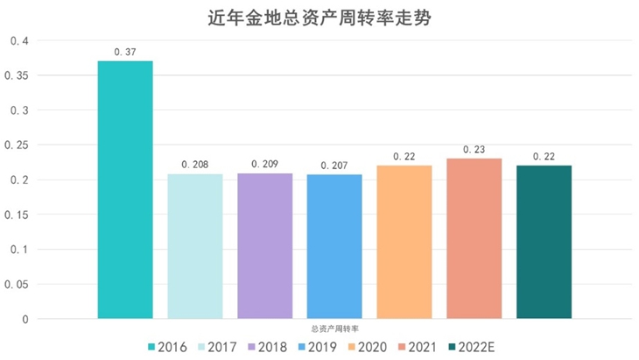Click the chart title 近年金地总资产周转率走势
click(x=321, y=17)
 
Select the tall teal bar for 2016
click(x=125, y=189)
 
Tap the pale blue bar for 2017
click(x=195, y=246)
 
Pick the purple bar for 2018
click(x=264, y=246)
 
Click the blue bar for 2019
click(x=334, y=246)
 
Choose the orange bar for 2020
click(x=404, y=242)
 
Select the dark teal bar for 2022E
click(x=544, y=242)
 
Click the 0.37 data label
click(x=125, y=53)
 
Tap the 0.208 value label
click(x=195, y=165)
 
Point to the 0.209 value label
click(x=264, y=164)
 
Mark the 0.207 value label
click(x=334, y=165)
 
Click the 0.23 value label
click(x=474, y=150)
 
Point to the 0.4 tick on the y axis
click(x=19, y=41)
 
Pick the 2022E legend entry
click(x=472, y=347)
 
